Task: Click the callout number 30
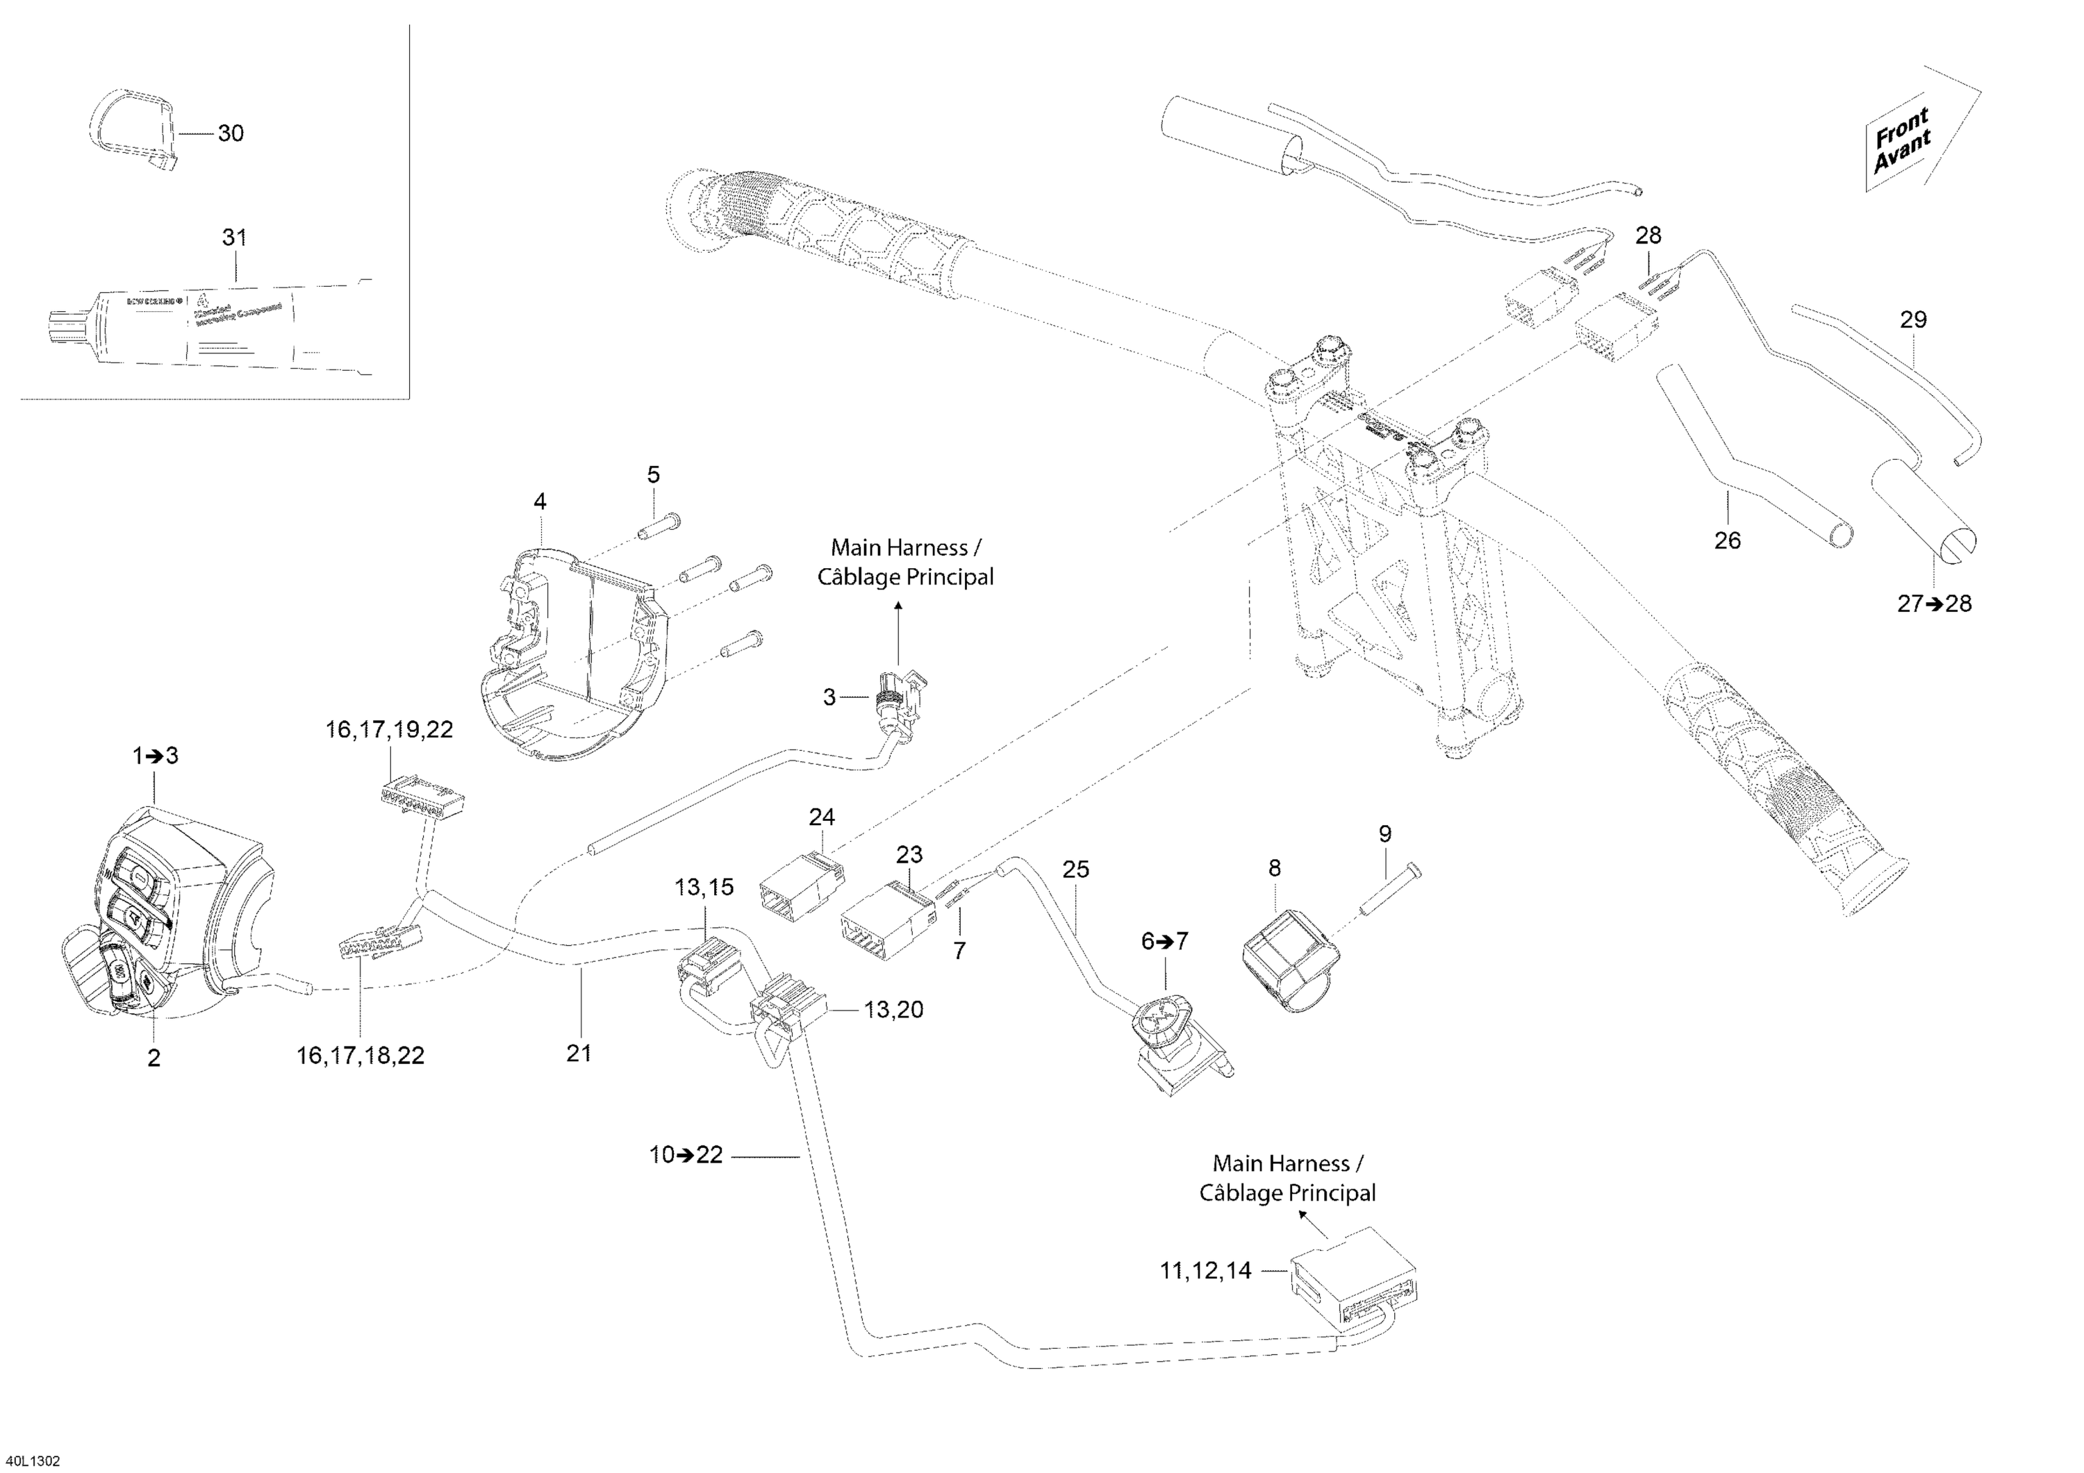pos(231,133)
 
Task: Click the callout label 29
pos(1913,319)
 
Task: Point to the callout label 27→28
pos(1934,604)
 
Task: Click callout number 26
pos(1727,540)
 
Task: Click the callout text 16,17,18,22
pos(361,1056)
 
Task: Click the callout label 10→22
pos(686,1156)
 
